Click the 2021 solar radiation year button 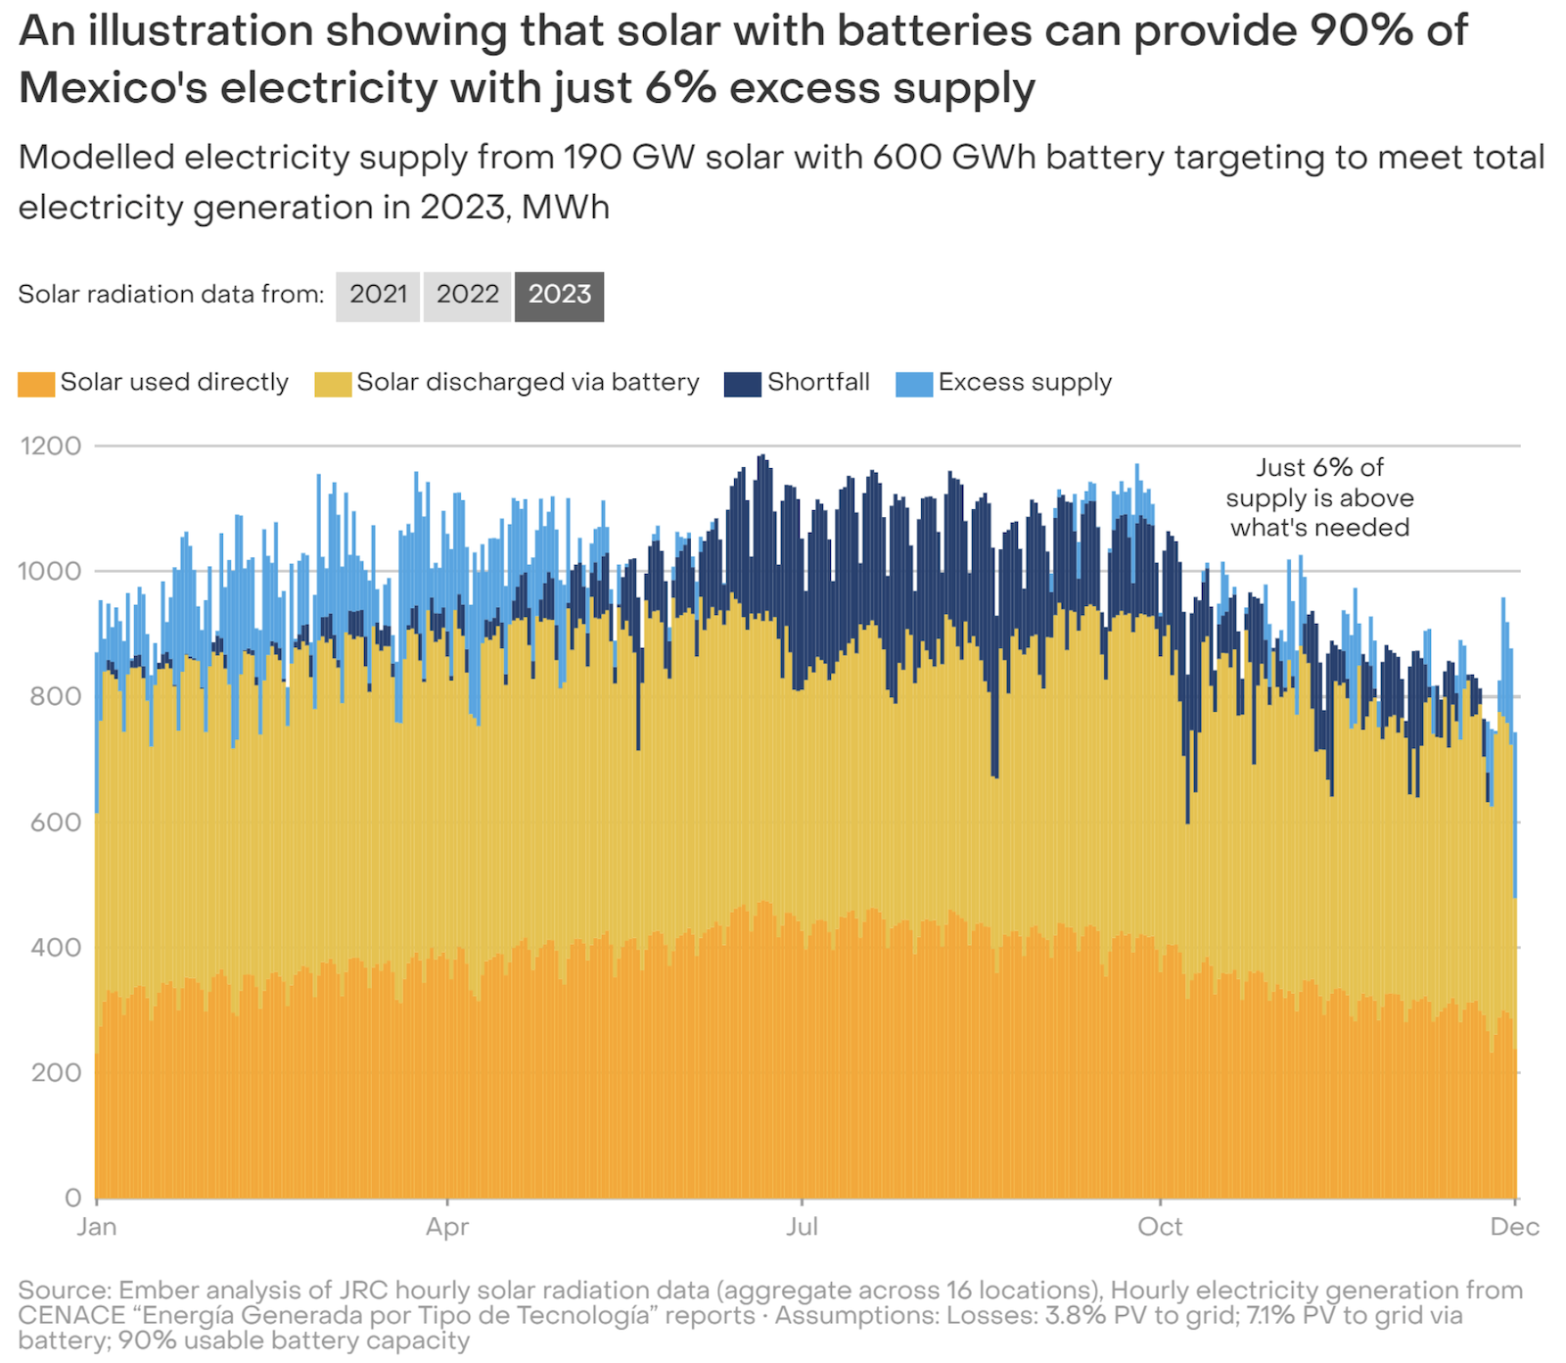pos(378,295)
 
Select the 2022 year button pos(467,295)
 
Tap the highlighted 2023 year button pos(559,295)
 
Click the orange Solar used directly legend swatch pos(36,384)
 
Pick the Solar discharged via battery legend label pos(528,382)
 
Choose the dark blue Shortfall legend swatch pos(742,384)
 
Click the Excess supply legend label pos(1025,382)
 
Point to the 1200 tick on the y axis pos(50,446)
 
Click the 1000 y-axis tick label pos(50,572)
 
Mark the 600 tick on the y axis pos(56,822)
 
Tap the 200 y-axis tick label pos(56,1073)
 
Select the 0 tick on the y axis pos(72,1198)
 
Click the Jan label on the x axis pos(97,1227)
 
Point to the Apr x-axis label pos(447,1227)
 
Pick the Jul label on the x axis pos(802,1227)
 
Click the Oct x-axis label pos(1160,1227)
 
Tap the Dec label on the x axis pos(1514,1227)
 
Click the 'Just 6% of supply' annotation pos(1319,497)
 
